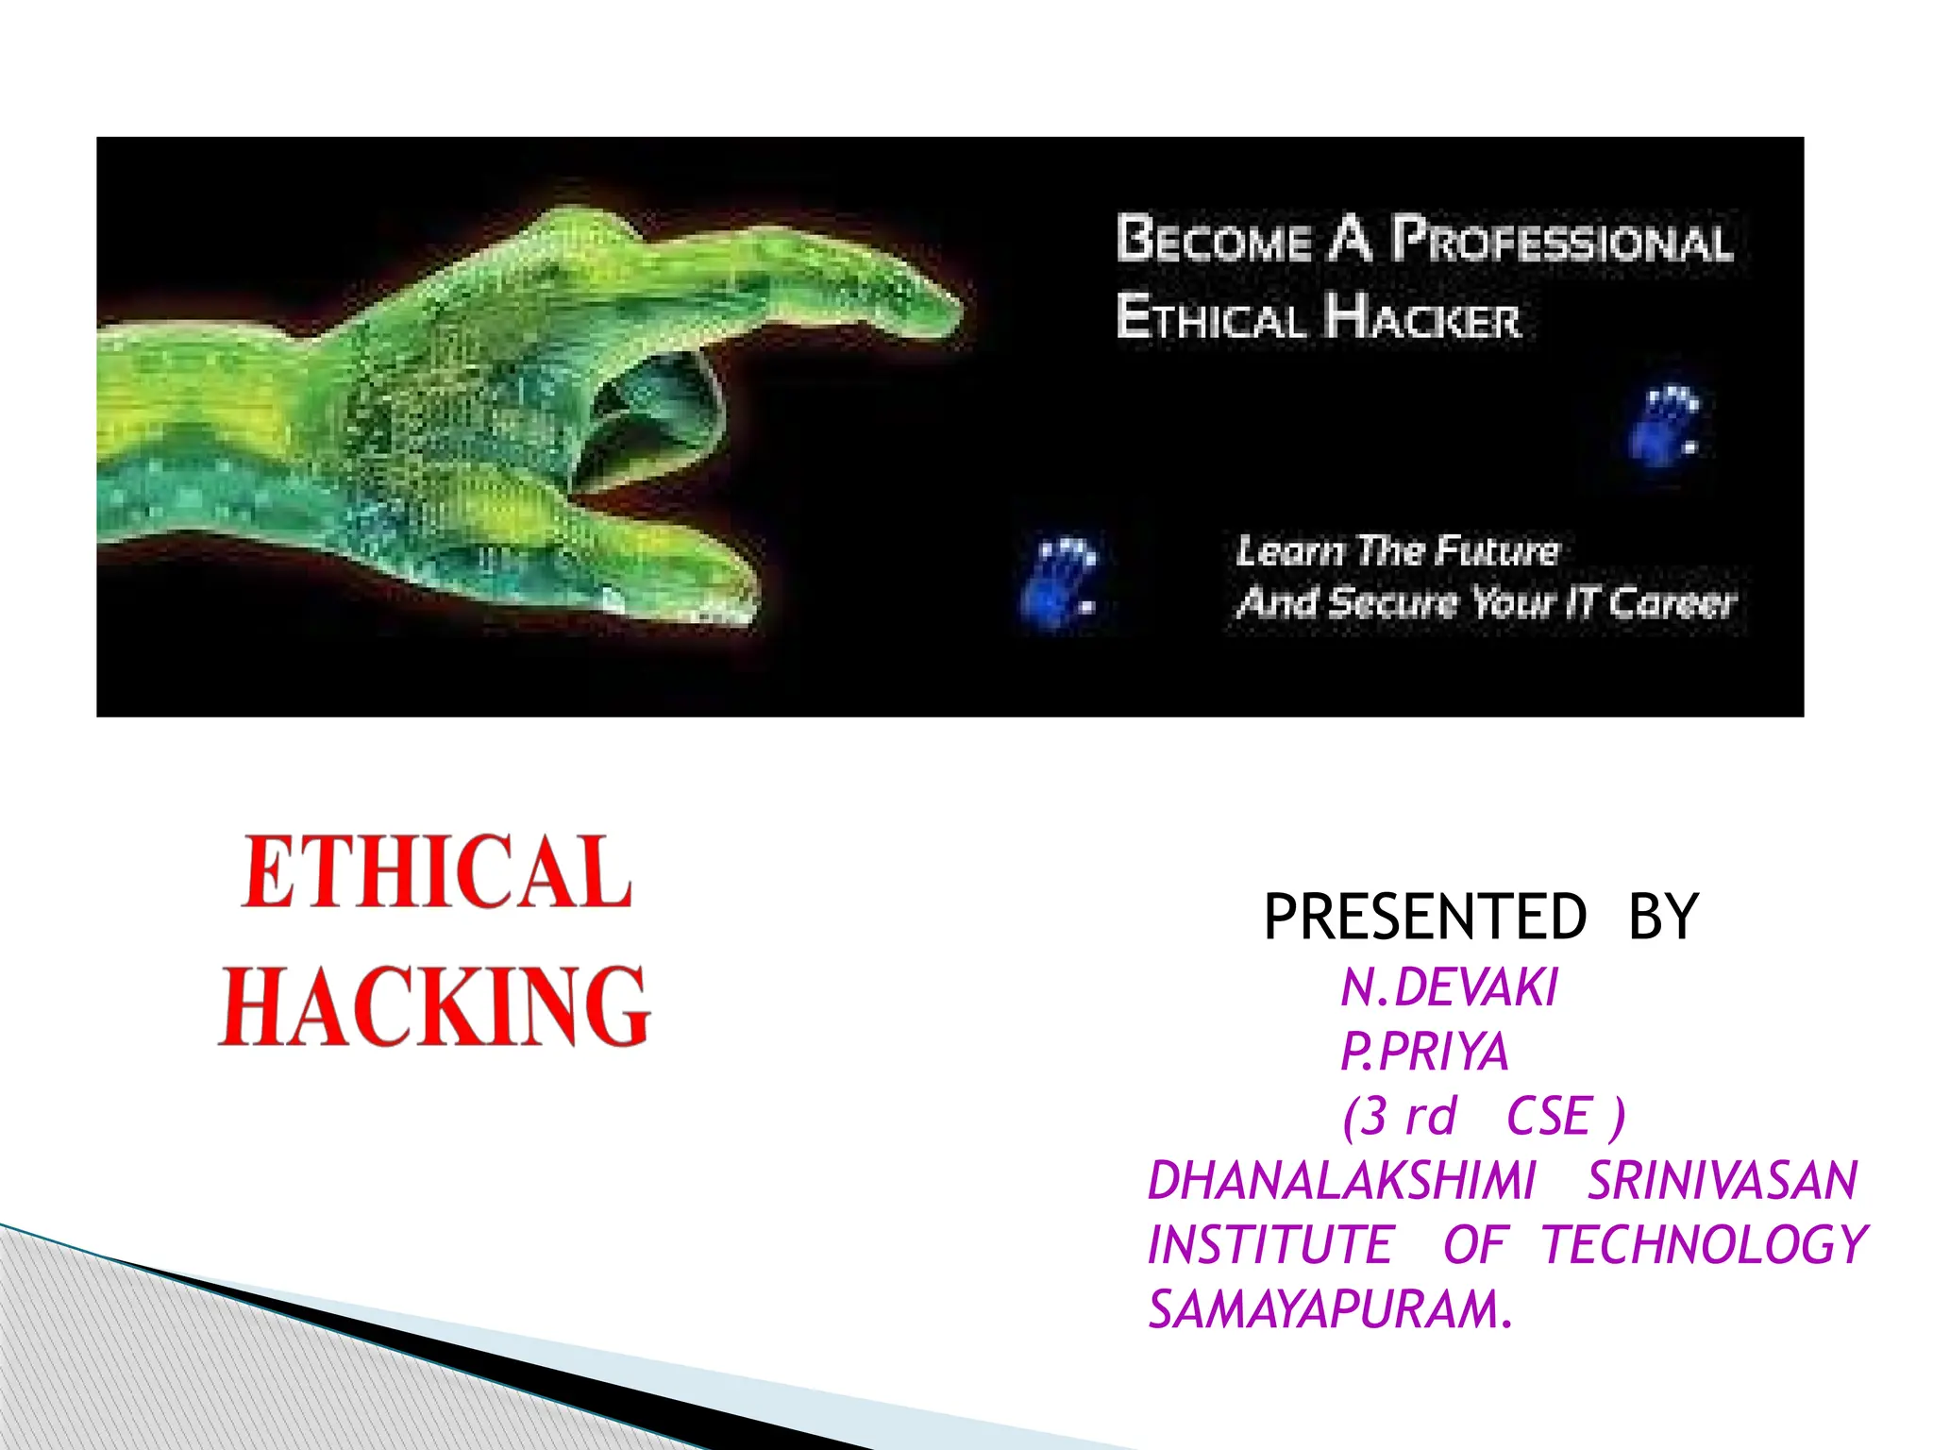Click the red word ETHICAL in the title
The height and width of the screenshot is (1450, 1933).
436,872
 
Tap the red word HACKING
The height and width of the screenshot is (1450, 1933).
434,1006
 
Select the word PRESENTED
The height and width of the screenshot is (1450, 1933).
1425,917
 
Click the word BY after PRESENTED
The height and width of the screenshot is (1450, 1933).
1664,917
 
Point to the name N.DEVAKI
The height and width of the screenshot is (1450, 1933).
1449,988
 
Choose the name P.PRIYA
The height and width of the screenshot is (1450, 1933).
1424,1052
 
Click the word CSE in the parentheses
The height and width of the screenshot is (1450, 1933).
1549,1117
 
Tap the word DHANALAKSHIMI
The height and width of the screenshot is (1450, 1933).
1341,1181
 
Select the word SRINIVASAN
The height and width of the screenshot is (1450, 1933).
1723,1181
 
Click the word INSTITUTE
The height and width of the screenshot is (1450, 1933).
1270,1245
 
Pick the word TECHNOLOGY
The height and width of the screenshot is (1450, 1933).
1705,1245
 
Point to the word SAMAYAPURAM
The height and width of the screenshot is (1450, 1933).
1329,1310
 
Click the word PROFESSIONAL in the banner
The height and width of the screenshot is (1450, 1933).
1563,241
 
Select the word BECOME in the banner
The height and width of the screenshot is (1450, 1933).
1214,240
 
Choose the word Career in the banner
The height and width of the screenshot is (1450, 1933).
1672,602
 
